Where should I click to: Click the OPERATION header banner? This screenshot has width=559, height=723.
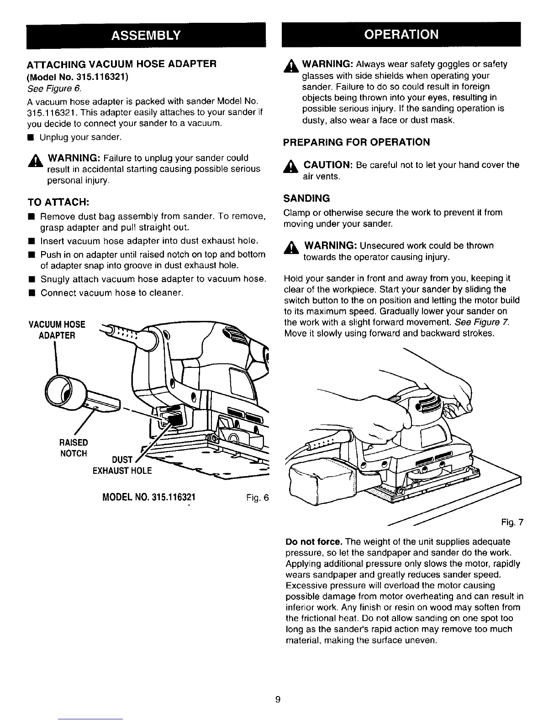401,35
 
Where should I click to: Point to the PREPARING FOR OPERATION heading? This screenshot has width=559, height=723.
356,142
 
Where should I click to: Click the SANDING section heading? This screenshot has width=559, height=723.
306,199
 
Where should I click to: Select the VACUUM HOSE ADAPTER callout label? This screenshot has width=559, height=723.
57,330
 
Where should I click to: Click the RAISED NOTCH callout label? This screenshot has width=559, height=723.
74,448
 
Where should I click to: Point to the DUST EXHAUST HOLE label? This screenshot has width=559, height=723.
122,465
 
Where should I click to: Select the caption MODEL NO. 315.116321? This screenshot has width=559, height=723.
149,497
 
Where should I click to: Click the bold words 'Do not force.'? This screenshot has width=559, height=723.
313,542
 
